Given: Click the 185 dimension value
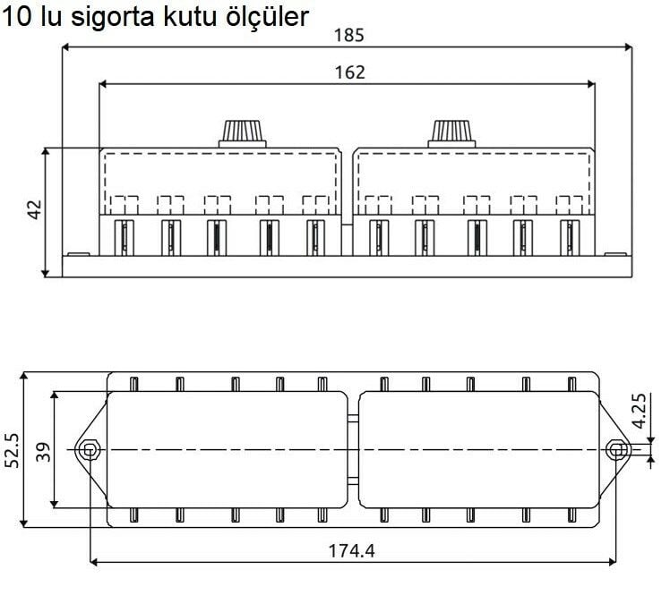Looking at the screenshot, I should coord(348,36).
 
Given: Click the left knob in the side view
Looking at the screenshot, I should coord(242,132).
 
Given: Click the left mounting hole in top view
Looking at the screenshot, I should coord(88,449).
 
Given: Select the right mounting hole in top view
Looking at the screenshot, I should coord(614,449).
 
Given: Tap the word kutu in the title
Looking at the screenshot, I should coord(177,17).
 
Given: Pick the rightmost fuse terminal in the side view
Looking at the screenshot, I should coord(569,237).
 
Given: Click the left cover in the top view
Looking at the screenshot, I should coord(227,449).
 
